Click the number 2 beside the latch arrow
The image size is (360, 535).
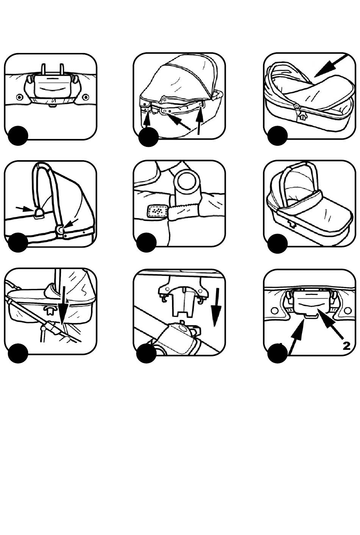(x=346, y=345)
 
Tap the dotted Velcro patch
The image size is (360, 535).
(x=158, y=212)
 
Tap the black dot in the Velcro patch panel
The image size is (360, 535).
(x=147, y=242)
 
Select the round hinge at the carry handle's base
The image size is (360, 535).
(x=61, y=229)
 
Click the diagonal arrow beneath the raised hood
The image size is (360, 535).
(x=178, y=122)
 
